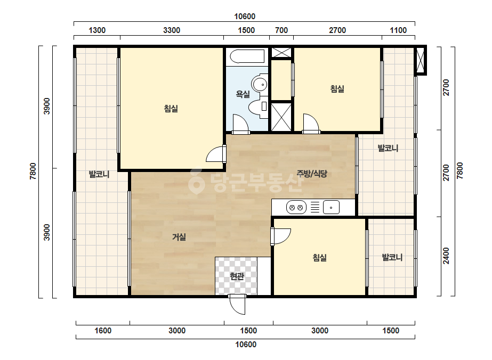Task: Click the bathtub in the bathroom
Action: click(x=247, y=57)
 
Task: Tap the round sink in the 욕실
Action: click(x=260, y=84)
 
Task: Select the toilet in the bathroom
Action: click(x=258, y=107)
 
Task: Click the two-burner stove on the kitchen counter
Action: click(x=296, y=207)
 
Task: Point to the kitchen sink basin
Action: click(x=331, y=207)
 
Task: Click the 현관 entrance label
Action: click(x=237, y=276)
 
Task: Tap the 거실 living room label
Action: click(x=179, y=237)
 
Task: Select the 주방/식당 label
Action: click(x=312, y=174)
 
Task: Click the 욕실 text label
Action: click(x=243, y=94)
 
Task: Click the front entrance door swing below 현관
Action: click(x=237, y=304)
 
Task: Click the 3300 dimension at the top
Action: click(x=172, y=30)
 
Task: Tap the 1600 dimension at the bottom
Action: click(x=103, y=331)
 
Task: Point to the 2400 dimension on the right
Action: click(x=446, y=256)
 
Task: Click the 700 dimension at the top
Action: click(x=281, y=30)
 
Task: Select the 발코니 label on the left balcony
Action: click(x=99, y=174)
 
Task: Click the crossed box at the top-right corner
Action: click(x=420, y=60)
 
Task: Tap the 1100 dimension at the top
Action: click(x=398, y=30)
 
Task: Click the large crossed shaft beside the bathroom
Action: click(x=281, y=117)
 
